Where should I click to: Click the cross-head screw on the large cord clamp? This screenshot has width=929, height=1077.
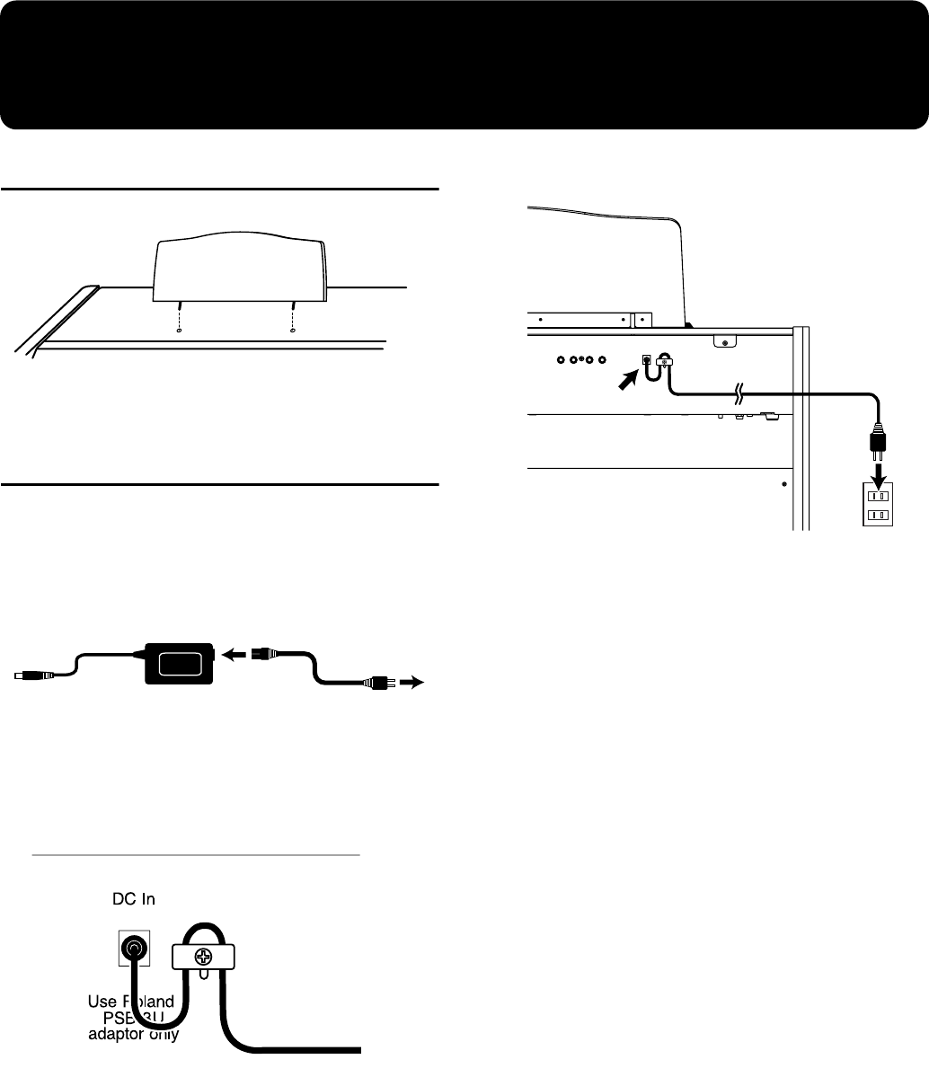206,958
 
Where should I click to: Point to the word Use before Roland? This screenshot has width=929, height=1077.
106,1000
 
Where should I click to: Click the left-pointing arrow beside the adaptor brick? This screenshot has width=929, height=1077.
234,654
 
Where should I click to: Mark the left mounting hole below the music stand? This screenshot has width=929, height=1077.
180,331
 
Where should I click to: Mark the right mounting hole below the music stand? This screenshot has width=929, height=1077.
293,331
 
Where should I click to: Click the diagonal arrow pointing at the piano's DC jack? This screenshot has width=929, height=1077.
626,380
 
